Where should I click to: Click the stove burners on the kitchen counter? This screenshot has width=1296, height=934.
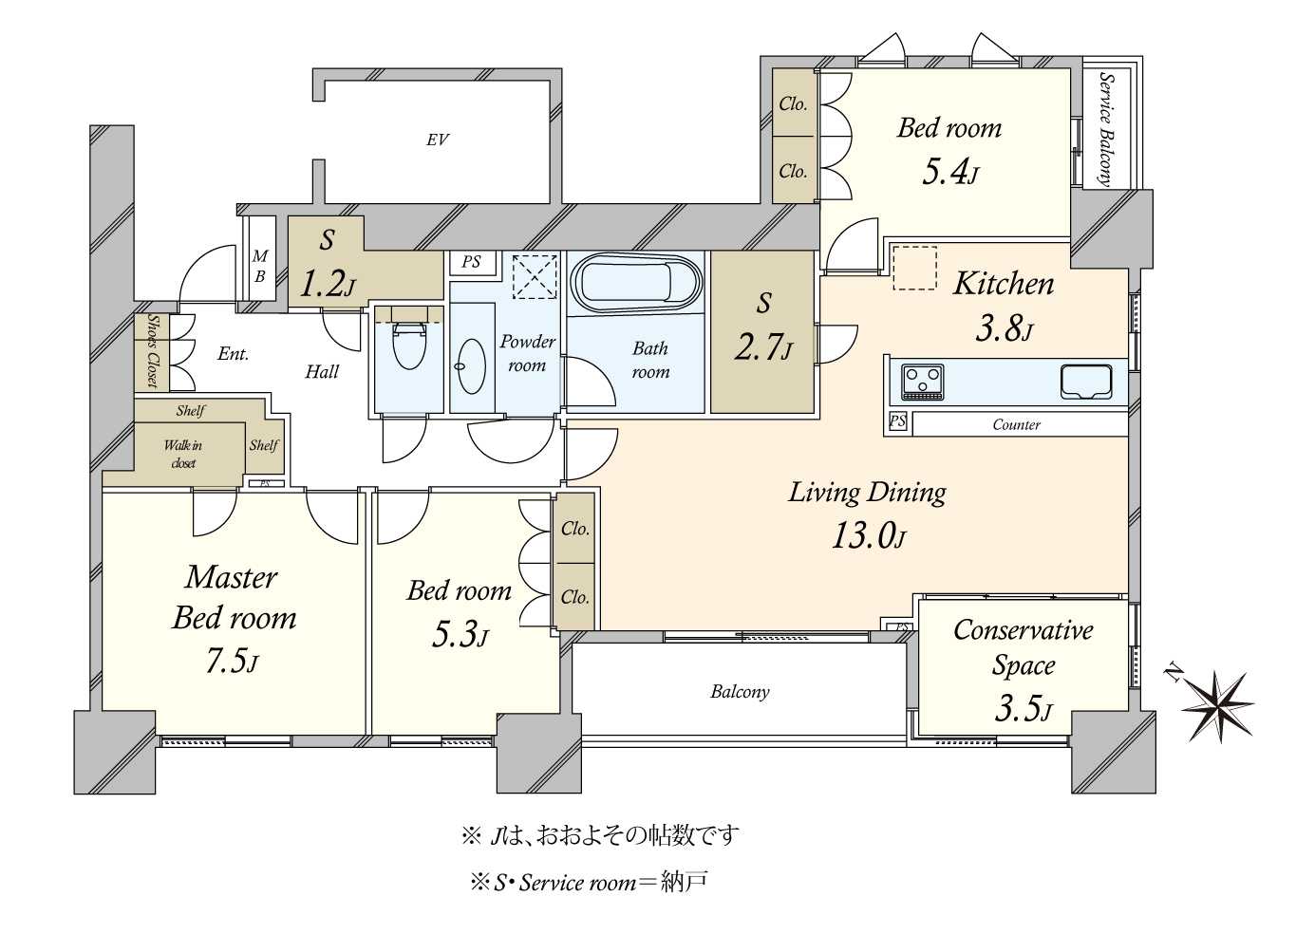point(922,382)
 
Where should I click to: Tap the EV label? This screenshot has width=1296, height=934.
point(437,140)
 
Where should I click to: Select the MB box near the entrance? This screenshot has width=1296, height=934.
point(259,266)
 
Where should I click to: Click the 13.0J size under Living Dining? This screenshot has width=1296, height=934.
point(868,536)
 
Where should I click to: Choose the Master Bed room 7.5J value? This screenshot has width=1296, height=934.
point(232,661)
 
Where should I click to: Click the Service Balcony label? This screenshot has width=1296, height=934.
point(1105,128)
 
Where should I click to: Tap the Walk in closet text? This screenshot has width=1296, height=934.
point(183,454)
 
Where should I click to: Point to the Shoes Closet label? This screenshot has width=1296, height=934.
point(152,351)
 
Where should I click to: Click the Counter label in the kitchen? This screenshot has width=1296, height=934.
point(1016,424)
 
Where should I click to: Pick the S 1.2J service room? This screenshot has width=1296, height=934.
point(326,263)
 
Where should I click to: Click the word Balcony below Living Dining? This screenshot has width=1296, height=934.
point(740,692)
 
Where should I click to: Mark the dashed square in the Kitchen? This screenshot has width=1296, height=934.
point(914,268)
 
